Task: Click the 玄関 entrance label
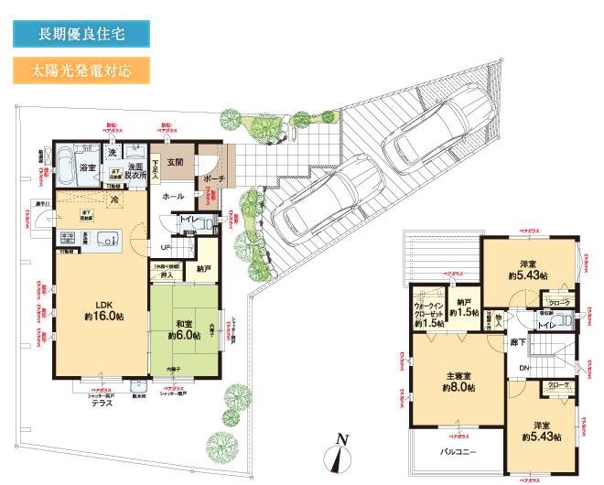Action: coord(177,163)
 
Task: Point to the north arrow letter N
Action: coord(341,438)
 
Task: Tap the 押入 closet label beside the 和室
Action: coord(167,275)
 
